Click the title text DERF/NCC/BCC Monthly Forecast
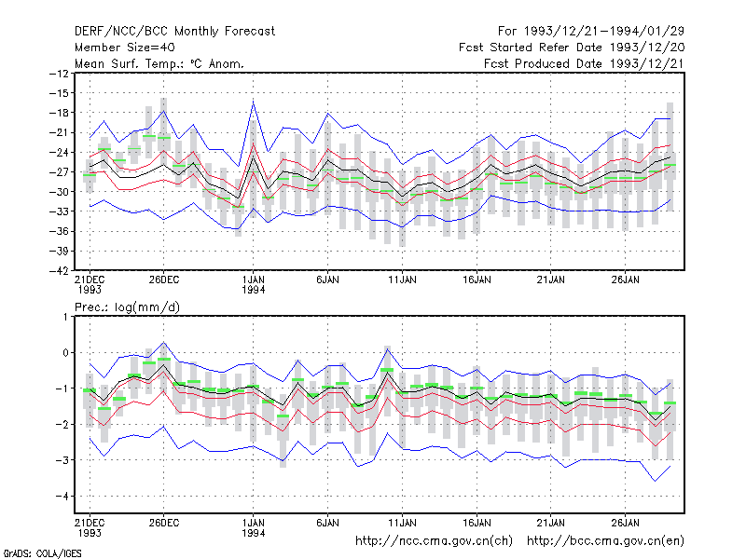pos(174,32)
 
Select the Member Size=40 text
pos(125,48)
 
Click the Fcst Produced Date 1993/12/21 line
pos(584,63)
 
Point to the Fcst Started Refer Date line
pos(572,48)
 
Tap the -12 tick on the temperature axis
pos(60,74)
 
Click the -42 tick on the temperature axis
pos(60,270)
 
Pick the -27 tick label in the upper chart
pos(60,172)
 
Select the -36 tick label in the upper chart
pos(60,231)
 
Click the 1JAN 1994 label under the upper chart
pos(253,285)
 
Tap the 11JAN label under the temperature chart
pos(402,280)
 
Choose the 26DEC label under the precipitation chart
pos(164,524)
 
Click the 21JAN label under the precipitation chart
pos(550,524)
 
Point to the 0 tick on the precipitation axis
pos(65,353)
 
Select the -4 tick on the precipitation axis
pos(62,497)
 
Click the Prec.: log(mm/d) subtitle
pos(127,307)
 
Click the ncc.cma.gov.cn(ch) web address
pos(434,541)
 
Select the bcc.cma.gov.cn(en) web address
pos(605,541)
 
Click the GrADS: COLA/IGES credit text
pos(42,553)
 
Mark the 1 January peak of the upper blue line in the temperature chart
pos(253,101)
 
